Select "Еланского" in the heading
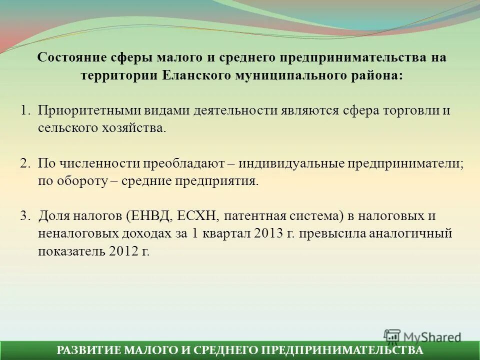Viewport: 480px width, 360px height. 196,75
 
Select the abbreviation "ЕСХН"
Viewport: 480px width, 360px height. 198,216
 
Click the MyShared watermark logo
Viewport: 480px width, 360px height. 422,336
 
